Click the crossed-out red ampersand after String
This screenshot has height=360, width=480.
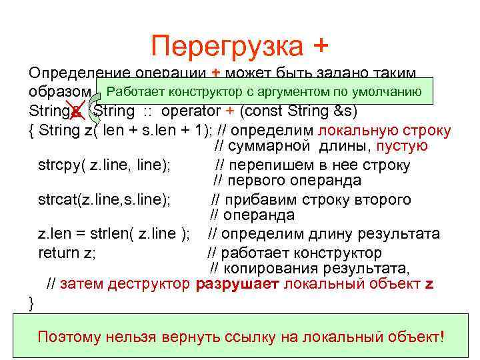click(77, 110)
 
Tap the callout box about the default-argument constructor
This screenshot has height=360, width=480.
click(264, 91)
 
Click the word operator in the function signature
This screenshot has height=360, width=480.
click(191, 110)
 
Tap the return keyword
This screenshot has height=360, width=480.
click(57, 252)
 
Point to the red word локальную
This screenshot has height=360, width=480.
click(351, 129)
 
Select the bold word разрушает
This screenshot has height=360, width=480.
click(238, 285)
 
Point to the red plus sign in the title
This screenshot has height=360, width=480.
click(319, 46)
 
